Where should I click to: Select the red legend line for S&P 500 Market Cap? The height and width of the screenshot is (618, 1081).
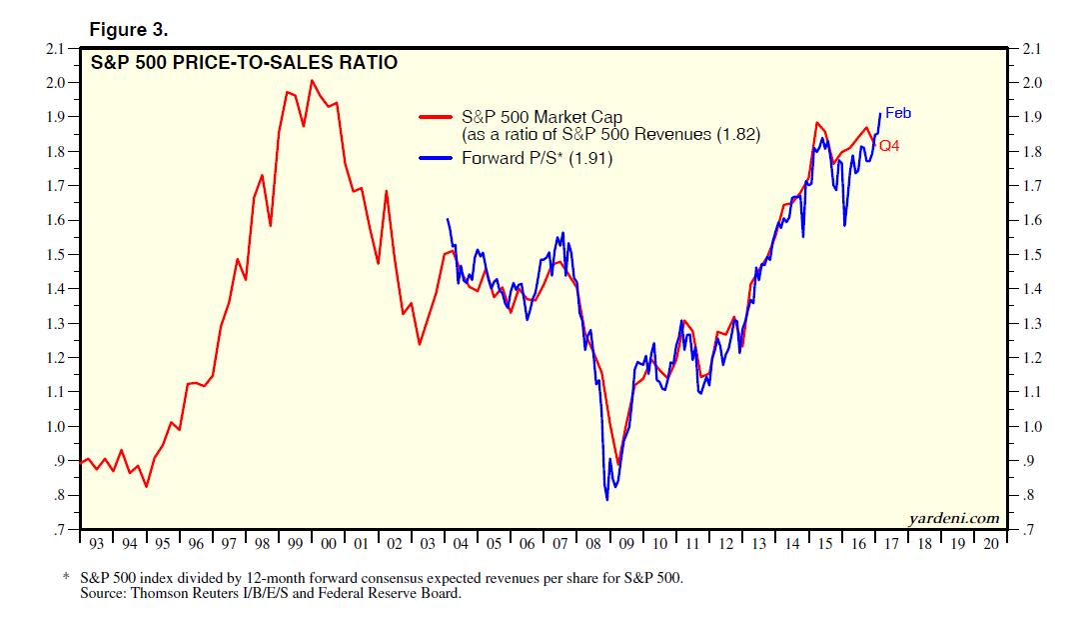pos(435,118)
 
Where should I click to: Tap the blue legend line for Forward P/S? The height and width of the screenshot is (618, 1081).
pos(435,158)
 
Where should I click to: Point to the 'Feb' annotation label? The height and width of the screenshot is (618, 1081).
pos(898,113)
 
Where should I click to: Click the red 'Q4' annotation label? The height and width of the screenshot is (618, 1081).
pos(890,146)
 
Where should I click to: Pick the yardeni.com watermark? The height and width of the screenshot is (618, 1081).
pos(954,517)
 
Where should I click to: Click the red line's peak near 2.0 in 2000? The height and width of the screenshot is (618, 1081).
pos(313,80)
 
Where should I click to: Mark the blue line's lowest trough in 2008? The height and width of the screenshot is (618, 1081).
pos(606,499)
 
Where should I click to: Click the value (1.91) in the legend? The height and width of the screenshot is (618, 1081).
pos(590,158)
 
